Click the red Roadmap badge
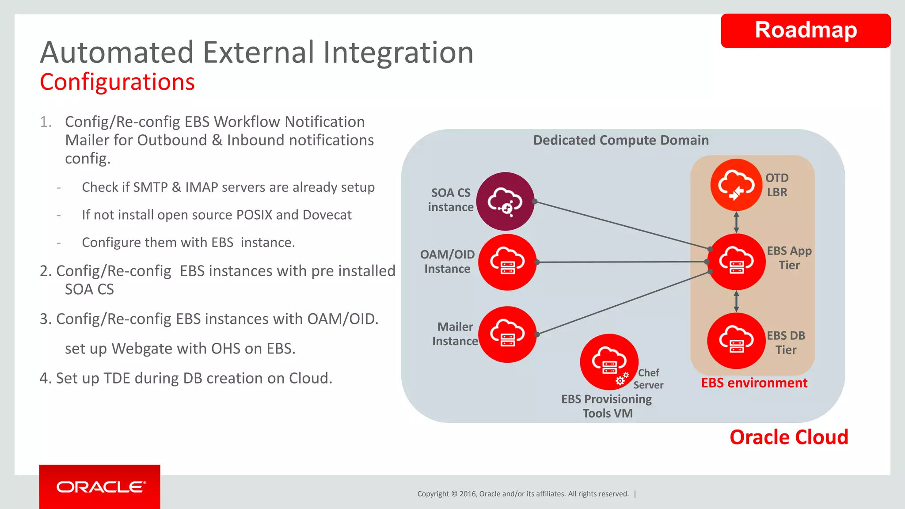(x=805, y=30)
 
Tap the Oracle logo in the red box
(x=101, y=487)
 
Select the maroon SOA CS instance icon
(x=505, y=201)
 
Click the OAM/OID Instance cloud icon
(x=507, y=262)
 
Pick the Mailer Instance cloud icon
(x=507, y=334)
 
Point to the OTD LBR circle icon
(x=736, y=185)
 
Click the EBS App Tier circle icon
(x=736, y=262)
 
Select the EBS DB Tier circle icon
(x=736, y=341)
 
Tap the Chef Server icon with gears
(x=609, y=362)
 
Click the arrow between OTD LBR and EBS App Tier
(x=736, y=222)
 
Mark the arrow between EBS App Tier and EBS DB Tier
(x=736, y=301)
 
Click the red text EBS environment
(x=754, y=383)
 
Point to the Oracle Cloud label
(x=789, y=437)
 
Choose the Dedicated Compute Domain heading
(x=621, y=140)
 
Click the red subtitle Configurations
(x=117, y=82)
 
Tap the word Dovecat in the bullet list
(x=327, y=215)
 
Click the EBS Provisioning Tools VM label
(x=607, y=406)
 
